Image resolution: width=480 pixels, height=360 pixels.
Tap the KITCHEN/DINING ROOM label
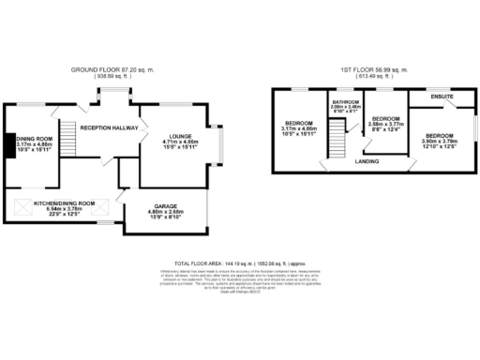coord(65,202)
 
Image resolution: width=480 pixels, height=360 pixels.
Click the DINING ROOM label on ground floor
coord(33,139)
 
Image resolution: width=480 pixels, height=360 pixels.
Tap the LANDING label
coord(367,161)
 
